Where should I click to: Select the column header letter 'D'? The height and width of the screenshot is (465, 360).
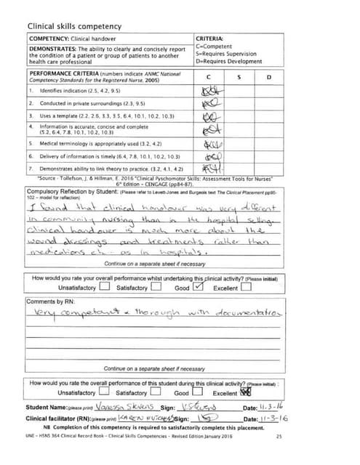(x=268, y=77)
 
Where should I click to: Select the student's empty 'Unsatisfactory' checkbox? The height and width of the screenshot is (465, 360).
(x=104, y=286)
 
